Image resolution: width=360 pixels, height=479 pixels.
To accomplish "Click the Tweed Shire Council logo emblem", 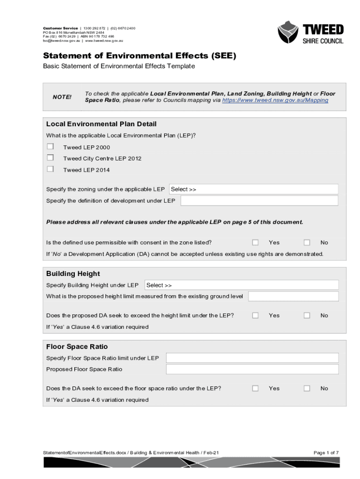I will pyautogui.click(x=288, y=32).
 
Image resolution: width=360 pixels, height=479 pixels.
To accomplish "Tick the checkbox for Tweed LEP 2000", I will pyautogui.click(x=50, y=147).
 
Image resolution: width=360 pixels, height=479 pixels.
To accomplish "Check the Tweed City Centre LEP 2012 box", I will pyautogui.click(x=50, y=158).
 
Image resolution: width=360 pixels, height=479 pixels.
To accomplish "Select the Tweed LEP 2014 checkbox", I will pyautogui.click(x=50, y=169).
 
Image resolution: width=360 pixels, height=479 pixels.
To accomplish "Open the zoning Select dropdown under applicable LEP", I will pyautogui.click(x=253, y=189).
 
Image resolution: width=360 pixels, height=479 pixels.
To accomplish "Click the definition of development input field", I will pyautogui.click(x=259, y=201).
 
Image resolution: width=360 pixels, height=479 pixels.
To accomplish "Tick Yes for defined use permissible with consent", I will pyautogui.click(x=255, y=242).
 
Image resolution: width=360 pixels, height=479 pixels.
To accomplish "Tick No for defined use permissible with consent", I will pyautogui.click(x=307, y=242).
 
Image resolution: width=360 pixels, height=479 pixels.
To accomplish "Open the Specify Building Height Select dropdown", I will pyautogui.click(x=241, y=285).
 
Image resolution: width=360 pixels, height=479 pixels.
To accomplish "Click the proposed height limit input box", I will pyautogui.click(x=293, y=297).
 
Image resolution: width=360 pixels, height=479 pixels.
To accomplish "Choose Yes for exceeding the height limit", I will pyautogui.click(x=255, y=315).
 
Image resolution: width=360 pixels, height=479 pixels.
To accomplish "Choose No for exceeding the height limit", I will pyautogui.click(x=307, y=315).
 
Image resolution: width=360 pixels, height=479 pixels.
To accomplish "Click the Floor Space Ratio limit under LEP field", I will pyautogui.click(x=252, y=358).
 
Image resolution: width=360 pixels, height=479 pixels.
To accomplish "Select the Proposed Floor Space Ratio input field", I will pyautogui.click(x=252, y=370).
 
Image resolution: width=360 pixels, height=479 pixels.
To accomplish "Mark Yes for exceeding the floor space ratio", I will pyautogui.click(x=255, y=388).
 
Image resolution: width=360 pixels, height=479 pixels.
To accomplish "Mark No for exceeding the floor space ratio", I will pyautogui.click(x=307, y=388).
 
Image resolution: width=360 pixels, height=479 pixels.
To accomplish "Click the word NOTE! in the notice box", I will pyautogui.click(x=62, y=97).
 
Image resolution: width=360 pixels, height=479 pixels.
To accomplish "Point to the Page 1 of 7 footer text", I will pyautogui.click(x=326, y=452).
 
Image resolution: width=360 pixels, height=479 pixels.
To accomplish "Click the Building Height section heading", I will pyautogui.click(x=73, y=274).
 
